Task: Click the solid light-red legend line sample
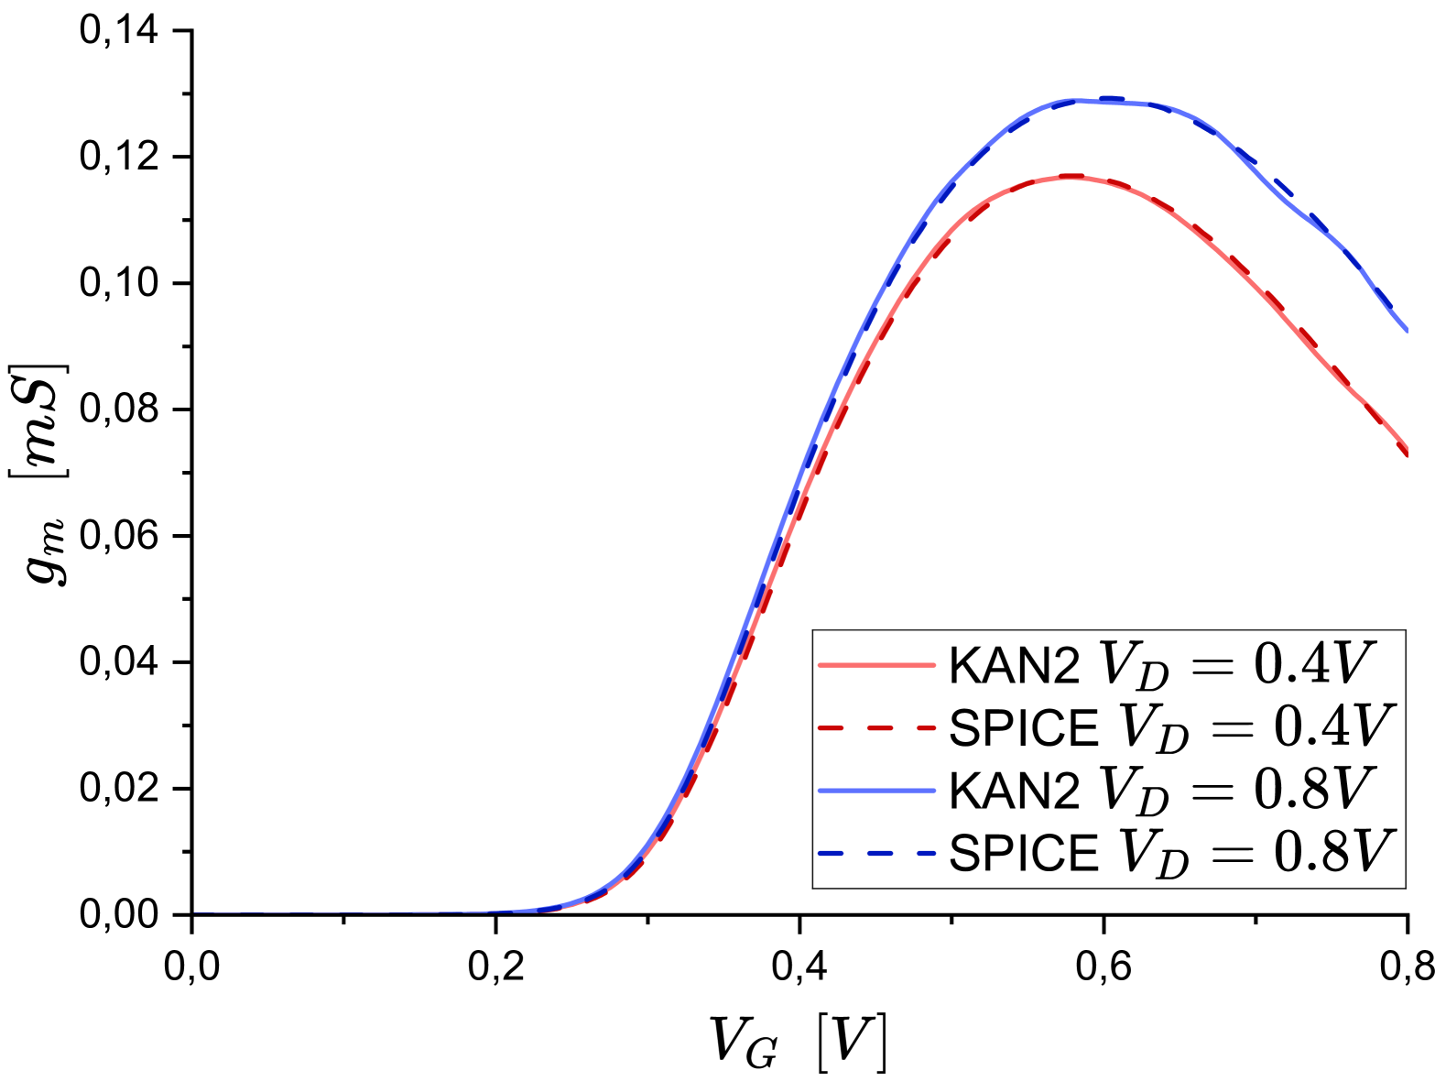click(x=876, y=665)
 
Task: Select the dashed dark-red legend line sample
click(x=876, y=728)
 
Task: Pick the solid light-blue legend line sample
click(x=876, y=791)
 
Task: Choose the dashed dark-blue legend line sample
click(x=876, y=854)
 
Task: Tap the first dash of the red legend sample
click(x=830, y=728)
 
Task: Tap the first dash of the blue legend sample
click(x=830, y=854)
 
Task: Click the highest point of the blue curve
click(x=1090, y=100)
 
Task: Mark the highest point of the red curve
click(x=1070, y=177)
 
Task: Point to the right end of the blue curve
click(x=1407, y=329)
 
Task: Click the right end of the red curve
click(x=1407, y=451)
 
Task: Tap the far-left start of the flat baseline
click(x=194, y=912)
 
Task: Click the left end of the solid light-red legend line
click(x=819, y=665)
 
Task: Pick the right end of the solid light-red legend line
click(x=935, y=665)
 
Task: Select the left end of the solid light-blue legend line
click(x=819, y=791)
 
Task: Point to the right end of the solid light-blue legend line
click(x=935, y=791)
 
